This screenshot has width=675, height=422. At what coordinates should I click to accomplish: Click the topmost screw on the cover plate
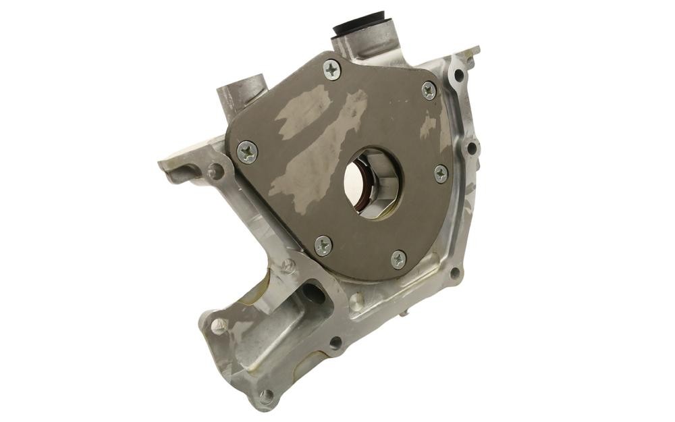[331, 70]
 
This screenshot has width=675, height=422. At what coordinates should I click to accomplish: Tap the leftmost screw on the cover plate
[248, 152]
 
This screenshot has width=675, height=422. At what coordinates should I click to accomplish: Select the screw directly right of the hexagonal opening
[441, 174]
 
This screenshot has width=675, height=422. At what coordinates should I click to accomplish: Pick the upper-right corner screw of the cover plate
[429, 90]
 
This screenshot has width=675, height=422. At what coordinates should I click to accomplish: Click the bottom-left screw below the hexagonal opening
[323, 245]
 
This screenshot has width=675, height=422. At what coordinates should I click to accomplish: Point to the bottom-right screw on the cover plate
[399, 259]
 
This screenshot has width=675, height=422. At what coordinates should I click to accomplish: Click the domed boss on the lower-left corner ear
[219, 325]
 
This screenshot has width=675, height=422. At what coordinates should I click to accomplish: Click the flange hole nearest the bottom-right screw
[454, 273]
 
